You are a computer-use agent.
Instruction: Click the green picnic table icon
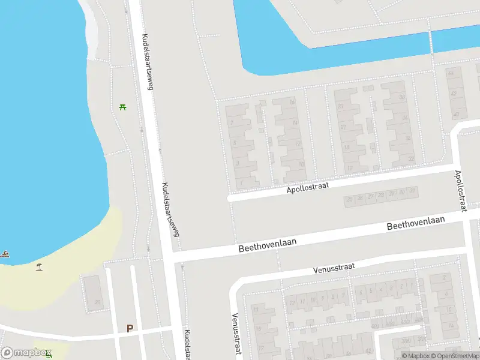(x=123, y=107)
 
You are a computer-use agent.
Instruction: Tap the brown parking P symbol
(x=130, y=328)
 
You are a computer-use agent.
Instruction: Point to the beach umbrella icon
(x=40, y=266)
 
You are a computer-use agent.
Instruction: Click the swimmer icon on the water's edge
(x=5, y=254)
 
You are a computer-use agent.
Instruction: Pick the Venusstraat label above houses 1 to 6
(x=335, y=269)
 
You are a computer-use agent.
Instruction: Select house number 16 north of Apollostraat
(x=293, y=103)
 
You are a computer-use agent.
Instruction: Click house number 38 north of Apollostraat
(x=402, y=97)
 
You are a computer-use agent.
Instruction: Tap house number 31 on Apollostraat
(x=413, y=191)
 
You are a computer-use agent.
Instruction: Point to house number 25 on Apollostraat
(x=349, y=199)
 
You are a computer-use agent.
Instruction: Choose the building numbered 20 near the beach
(x=97, y=302)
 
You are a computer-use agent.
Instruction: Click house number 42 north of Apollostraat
(x=454, y=94)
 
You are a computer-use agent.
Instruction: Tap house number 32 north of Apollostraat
(x=411, y=159)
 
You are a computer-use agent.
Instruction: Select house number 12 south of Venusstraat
(x=293, y=302)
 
